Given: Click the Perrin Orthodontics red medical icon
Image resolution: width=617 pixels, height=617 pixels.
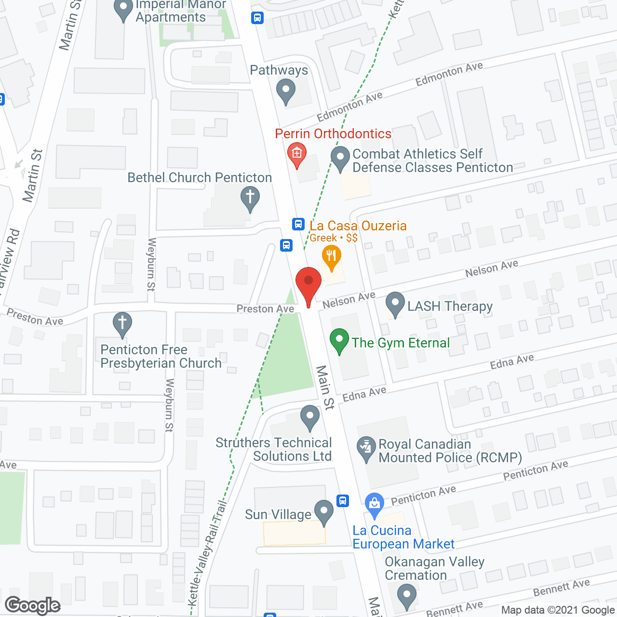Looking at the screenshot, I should point(296,154).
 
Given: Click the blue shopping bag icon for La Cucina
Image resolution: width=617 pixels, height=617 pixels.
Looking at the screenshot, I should point(375,504).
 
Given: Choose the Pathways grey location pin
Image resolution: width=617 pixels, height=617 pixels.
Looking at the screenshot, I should point(286,91).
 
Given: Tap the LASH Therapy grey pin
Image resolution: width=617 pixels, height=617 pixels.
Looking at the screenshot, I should point(395,304).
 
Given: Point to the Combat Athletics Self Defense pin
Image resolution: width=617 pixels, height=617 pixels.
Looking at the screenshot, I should point(340,159).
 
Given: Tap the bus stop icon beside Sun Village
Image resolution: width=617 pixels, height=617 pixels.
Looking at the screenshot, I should point(343,500).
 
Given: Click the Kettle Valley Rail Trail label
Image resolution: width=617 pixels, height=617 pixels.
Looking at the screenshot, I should point(208,554).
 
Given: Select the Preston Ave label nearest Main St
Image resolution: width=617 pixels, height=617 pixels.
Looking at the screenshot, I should point(265,309).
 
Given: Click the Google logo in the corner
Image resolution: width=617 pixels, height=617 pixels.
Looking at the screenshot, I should point(33,605).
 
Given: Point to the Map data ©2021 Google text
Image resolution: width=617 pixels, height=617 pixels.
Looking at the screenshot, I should point(558,610).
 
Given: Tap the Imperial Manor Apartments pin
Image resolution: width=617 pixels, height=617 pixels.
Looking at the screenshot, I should point(123,10).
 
